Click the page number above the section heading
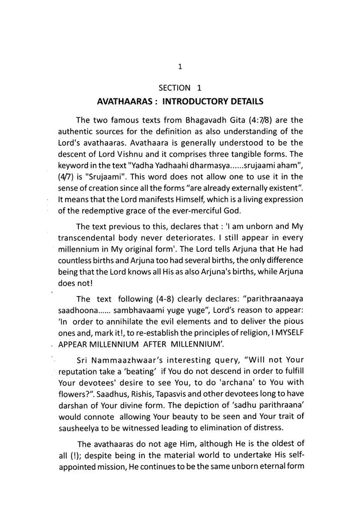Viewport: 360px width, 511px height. point(180,67)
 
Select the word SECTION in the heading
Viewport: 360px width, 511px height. point(174,88)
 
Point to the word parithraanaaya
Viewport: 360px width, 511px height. point(275,298)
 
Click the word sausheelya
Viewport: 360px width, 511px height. point(81,428)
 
